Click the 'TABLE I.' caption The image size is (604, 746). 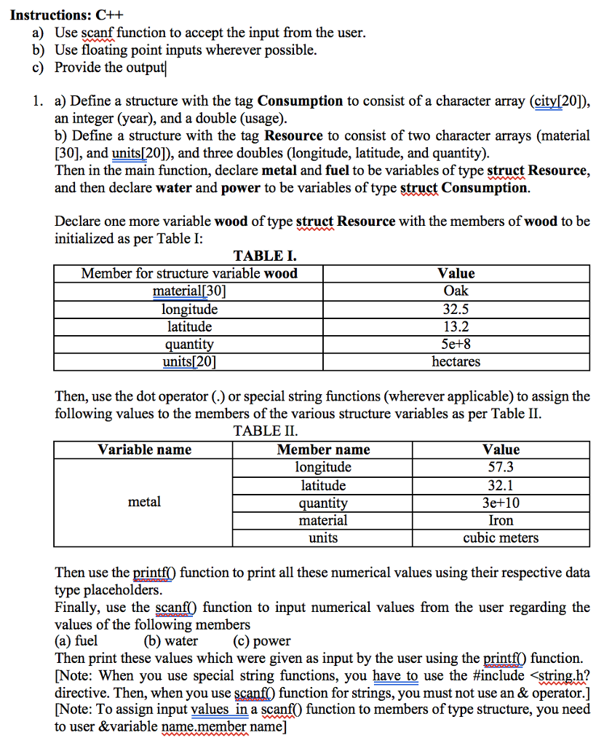coord(264,256)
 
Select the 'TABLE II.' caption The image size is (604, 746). coord(266,431)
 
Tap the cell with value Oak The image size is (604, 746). coord(456,291)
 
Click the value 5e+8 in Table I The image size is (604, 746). coord(456,344)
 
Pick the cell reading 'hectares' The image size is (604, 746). coord(456,361)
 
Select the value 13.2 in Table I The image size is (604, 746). coord(456,326)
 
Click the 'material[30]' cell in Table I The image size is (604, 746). coord(189,291)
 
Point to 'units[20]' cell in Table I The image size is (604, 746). coord(189,361)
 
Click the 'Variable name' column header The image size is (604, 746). coord(144,449)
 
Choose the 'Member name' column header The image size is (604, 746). coord(323,449)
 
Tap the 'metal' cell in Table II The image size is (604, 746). coord(144,502)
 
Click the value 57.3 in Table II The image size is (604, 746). coord(501,467)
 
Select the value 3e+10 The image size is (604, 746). coord(501,503)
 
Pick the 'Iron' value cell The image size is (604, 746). coord(501,520)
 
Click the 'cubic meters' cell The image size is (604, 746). coord(501,538)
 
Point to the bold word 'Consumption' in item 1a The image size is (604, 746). coord(300,101)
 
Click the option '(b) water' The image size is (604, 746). coord(170,642)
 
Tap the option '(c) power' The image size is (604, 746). coord(261,642)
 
